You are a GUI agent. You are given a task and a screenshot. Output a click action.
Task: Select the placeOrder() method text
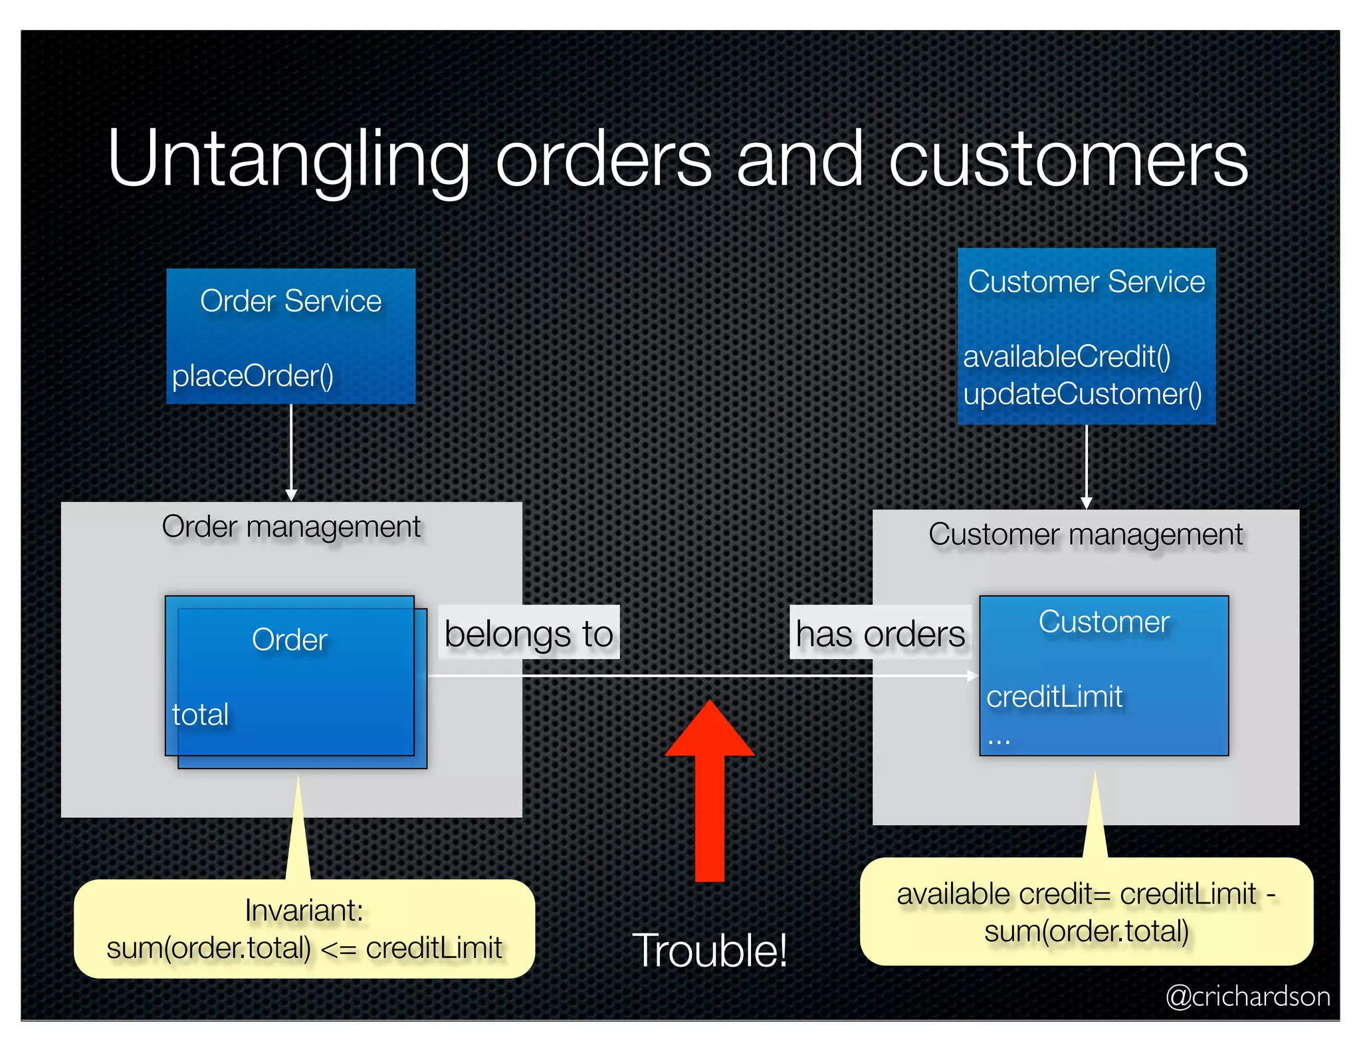253,376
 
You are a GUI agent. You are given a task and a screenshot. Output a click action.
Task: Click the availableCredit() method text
1067,357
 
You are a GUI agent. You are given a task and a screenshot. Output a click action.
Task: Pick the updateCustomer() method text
1083,394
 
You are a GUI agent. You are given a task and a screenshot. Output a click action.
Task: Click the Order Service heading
290,301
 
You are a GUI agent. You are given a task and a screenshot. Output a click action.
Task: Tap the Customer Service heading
1087,282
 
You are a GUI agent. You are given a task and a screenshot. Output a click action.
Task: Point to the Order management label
291,527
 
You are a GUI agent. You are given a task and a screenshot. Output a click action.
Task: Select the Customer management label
1085,535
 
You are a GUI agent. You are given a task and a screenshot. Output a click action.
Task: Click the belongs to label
529,633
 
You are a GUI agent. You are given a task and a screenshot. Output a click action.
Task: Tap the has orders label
880,634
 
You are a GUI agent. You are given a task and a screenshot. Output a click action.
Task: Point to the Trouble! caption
709,950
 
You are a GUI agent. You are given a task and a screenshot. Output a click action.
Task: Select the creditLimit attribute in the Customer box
1054,697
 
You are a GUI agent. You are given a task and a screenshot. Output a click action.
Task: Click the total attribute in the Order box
200,715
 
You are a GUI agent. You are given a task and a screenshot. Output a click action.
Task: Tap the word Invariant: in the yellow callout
304,910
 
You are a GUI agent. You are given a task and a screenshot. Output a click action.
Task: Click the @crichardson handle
1247,997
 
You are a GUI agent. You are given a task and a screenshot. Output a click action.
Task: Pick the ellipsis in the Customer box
998,739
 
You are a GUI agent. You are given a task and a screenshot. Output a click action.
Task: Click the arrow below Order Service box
291,452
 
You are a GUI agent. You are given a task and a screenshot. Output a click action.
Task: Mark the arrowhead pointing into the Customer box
972,676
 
